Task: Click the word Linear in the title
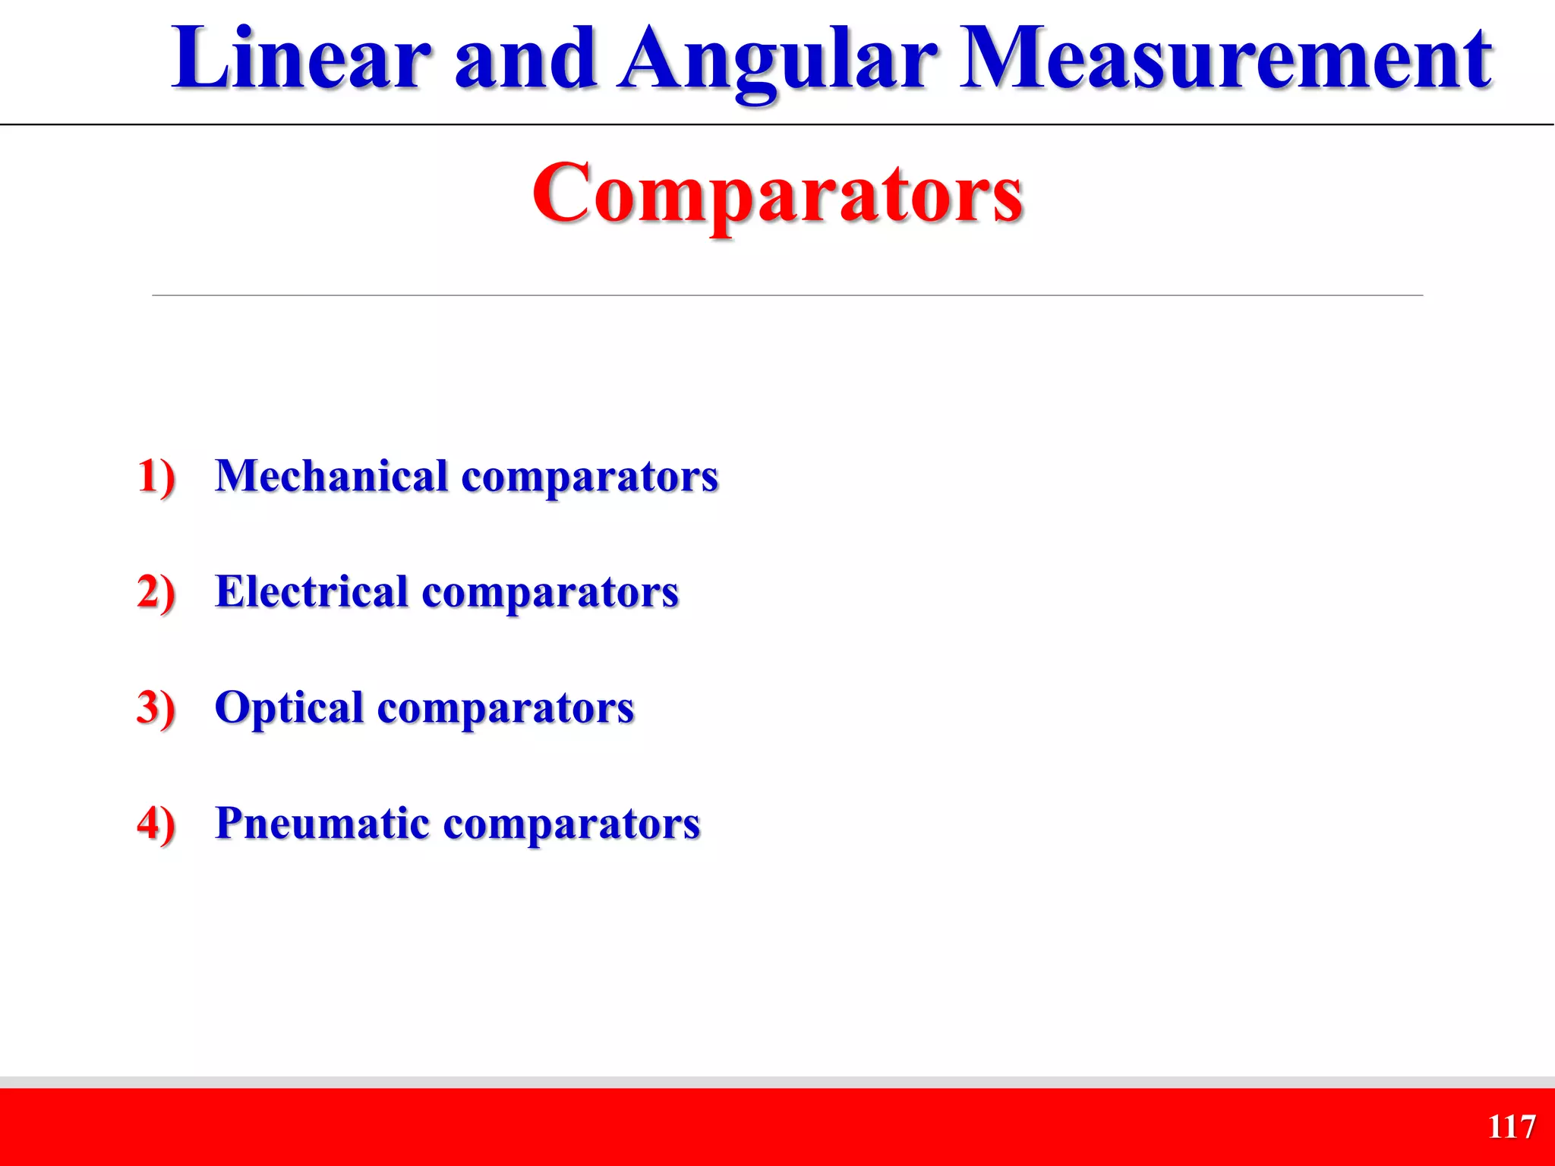tap(301, 59)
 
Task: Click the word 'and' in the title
tap(524, 59)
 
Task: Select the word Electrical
tap(311, 592)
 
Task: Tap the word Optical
tap(289, 708)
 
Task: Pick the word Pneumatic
tap(322, 824)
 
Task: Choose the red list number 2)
tap(156, 593)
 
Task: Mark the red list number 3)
tap(156, 708)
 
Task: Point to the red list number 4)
tap(156, 824)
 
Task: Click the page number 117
tap(1511, 1127)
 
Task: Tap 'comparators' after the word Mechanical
tap(589, 478)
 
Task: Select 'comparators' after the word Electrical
tap(550, 594)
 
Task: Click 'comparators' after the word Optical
tap(505, 710)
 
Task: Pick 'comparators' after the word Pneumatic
tap(571, 825)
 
